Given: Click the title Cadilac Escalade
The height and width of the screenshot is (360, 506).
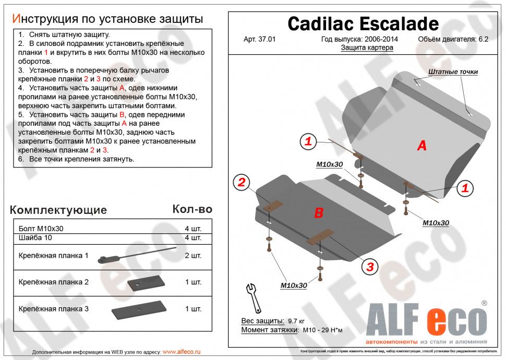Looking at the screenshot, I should [363, 23].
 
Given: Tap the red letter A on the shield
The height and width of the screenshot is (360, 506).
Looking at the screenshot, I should [421, 146].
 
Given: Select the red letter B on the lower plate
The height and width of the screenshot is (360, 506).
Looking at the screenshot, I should [319, 212].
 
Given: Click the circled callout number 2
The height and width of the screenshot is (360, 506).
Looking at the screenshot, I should [242, 182].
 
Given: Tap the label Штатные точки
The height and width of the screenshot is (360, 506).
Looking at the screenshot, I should [453, 72].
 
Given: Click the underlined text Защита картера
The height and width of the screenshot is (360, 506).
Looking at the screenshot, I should [367, 47].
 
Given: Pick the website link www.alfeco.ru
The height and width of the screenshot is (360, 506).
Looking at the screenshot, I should [181, 352].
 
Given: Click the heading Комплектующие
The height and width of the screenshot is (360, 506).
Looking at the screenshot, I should [58, 210].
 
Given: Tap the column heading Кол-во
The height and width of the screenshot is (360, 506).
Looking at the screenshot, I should [192, 209].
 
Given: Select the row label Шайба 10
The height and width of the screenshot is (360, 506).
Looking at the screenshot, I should [35, 238].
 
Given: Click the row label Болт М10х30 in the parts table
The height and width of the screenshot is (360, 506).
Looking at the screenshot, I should [41, 229].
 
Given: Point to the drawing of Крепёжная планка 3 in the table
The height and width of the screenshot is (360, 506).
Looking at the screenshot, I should [138, 311].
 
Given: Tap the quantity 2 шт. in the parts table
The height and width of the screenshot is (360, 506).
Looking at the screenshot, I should [192, 256].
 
